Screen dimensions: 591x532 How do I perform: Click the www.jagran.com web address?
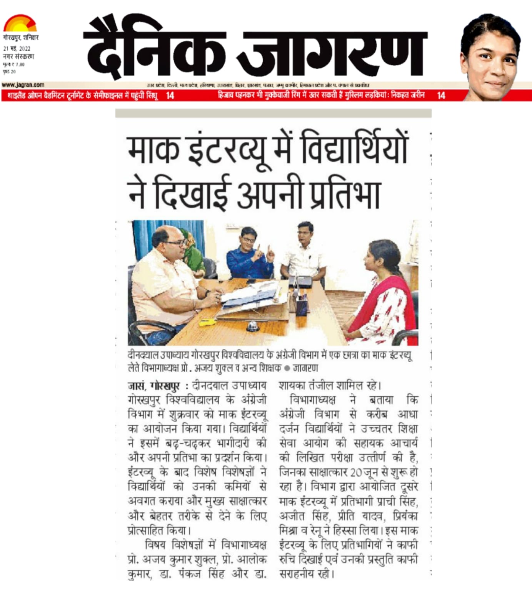23,85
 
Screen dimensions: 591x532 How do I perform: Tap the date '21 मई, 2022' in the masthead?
17,49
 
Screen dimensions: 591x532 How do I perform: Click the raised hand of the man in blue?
270,254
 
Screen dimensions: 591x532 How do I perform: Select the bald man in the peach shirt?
173,277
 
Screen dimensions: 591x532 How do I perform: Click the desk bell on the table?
252,327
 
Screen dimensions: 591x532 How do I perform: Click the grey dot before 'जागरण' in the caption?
287,368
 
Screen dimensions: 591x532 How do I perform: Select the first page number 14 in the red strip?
170,95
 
